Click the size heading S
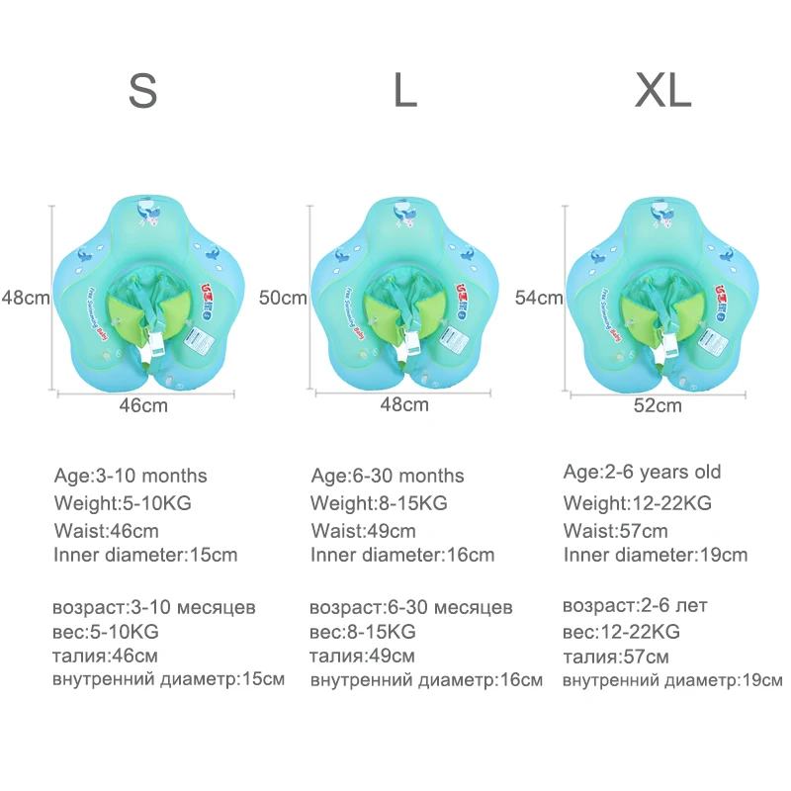(x=143, y=91)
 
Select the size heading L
(x=404, y=91)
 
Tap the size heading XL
(x=662, y=91)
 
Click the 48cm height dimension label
(x=25, y=297)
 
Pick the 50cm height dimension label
(x=283, y=297)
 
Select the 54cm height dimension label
(x=539, y=297)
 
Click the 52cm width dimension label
(x=659, y=404)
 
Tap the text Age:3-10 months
(x=131, y=477)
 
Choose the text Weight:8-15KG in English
(x=379, y=503)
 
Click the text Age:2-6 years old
(x=642, y=472)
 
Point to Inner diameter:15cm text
(x=145, y=555)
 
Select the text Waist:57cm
(x=615, y=530)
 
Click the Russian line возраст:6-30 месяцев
(x=410, y=606)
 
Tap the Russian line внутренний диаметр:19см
(x=672, y=680)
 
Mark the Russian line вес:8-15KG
(x=363, y=631)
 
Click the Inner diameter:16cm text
(x=402, y=556)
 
